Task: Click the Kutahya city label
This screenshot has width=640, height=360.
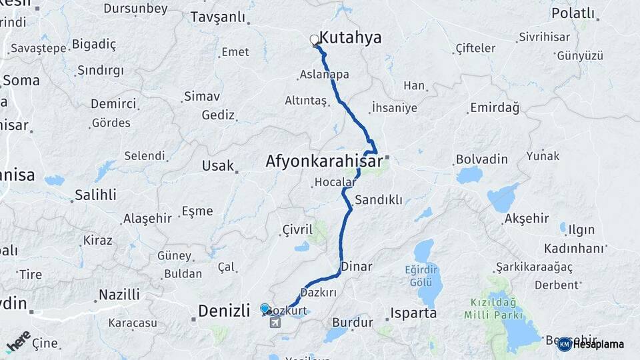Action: pos(351,38)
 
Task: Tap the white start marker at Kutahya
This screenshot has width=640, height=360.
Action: pos(315,40)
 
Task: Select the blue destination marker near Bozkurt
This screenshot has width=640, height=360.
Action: pos(265,308)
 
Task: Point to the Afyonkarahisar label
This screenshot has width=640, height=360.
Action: pos(324,161)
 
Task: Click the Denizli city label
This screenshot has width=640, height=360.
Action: pos(223,311)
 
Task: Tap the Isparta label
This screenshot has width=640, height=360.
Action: pos(413,313)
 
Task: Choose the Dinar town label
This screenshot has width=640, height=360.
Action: pos(355,266)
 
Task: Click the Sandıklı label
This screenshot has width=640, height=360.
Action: pos(379,199)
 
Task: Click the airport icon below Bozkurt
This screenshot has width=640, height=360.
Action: pos(275,323)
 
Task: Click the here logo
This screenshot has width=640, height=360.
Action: pos(19,341)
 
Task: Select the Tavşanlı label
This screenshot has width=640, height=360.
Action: pos(218,17)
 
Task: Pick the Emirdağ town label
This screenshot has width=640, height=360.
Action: pos(495,107)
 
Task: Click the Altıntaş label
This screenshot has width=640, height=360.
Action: pos(306,101)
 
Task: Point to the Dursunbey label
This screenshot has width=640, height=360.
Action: pos(135,9)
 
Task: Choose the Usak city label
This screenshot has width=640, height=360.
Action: pos(218,165)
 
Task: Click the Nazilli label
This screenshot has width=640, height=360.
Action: pos(119,294)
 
